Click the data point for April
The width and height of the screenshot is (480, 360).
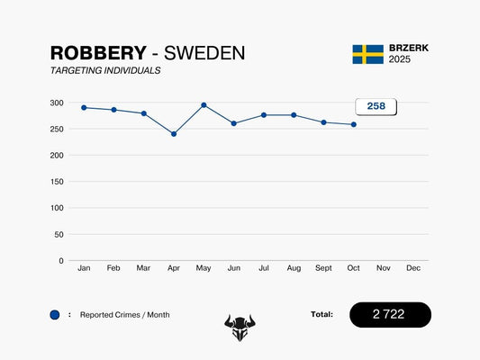(x=174, y=134)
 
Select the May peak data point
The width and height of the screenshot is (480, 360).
(x=204, y=105)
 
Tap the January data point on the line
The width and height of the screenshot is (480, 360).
(x=84, y=108)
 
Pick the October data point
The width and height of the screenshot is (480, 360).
(x=353, y=124)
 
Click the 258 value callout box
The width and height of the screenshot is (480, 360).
(x=376, y=106)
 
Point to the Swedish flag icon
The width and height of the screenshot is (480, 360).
(x=367, y=54)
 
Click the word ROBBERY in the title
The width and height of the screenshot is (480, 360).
(x=97, y=53)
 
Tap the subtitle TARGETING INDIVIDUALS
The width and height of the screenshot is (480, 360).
(x=105, y=70)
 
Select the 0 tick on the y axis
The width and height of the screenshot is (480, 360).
(x=60, y=261)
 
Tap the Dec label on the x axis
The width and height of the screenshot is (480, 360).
(x=413, y=268)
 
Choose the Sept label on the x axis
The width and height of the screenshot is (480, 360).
(x=323, y=268)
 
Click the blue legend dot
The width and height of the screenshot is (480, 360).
(x=55, y=315)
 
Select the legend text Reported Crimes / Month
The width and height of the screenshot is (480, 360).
(x=124, y=315)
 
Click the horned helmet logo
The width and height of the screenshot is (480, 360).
(x=240, y=328)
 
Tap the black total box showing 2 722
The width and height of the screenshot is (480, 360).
(x=390, y=314)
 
